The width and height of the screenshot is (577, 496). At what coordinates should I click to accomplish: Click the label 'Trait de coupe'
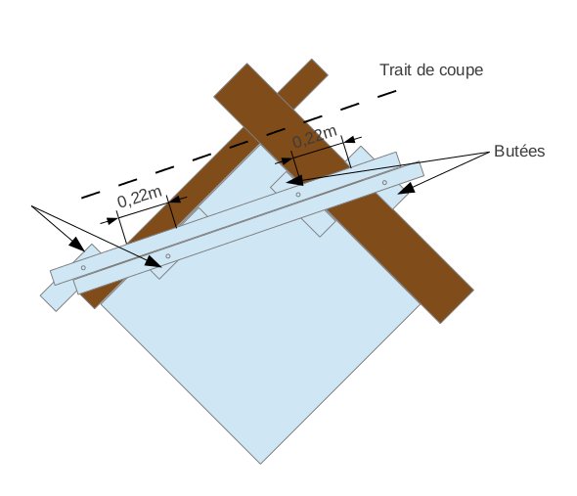pos(431,70)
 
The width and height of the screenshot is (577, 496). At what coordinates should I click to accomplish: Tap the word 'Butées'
pos(519,152)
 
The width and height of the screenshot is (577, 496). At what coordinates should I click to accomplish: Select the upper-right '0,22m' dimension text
pos(315,137)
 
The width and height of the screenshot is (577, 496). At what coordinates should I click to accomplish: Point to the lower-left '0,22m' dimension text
pos(140,197)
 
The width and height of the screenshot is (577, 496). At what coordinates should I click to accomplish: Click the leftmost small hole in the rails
pos(83,268)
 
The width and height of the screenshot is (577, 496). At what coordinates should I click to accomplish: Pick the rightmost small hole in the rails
pos(384,183)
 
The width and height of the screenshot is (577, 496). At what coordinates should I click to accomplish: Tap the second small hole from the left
pos(168,256)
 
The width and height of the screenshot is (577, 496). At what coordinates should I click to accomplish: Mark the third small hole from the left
pos(298,195)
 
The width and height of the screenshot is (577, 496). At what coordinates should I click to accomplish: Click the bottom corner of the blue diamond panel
pos(260,464)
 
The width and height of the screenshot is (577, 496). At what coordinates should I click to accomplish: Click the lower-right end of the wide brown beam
pos(457,306)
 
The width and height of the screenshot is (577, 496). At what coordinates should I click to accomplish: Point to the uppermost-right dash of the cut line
pos(386,94)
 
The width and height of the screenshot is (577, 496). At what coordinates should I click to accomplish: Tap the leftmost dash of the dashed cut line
pos(91,195)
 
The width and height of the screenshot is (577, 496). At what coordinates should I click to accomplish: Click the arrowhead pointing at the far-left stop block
pos(76,244)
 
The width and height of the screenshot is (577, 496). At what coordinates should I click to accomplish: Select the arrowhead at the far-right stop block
pos(406,189)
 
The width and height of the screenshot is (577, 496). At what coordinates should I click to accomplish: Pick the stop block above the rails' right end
pos(365,155)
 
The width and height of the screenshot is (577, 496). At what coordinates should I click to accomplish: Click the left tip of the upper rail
pos(53,278)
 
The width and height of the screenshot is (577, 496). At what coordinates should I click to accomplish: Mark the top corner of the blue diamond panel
pos(260,145)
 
